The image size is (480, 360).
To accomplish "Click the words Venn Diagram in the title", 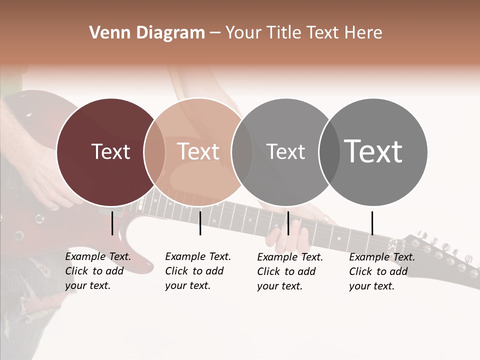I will click(147, 33).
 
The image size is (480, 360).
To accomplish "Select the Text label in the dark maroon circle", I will click(110, 151).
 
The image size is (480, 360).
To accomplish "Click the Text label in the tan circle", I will click(198, 151).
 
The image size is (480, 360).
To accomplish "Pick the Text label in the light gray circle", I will click(285, 151).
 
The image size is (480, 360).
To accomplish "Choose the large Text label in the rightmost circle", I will click(373, 151).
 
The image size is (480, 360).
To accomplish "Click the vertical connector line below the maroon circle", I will click(112, 223).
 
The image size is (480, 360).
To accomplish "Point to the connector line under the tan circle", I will click(200, 223).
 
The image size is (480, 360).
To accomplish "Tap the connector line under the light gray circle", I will click(288, 223).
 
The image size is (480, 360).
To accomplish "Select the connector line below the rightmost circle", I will click(372, 223).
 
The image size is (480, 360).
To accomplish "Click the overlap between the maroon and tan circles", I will click(154, 152).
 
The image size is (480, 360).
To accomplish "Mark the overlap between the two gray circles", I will click(329, 152).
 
